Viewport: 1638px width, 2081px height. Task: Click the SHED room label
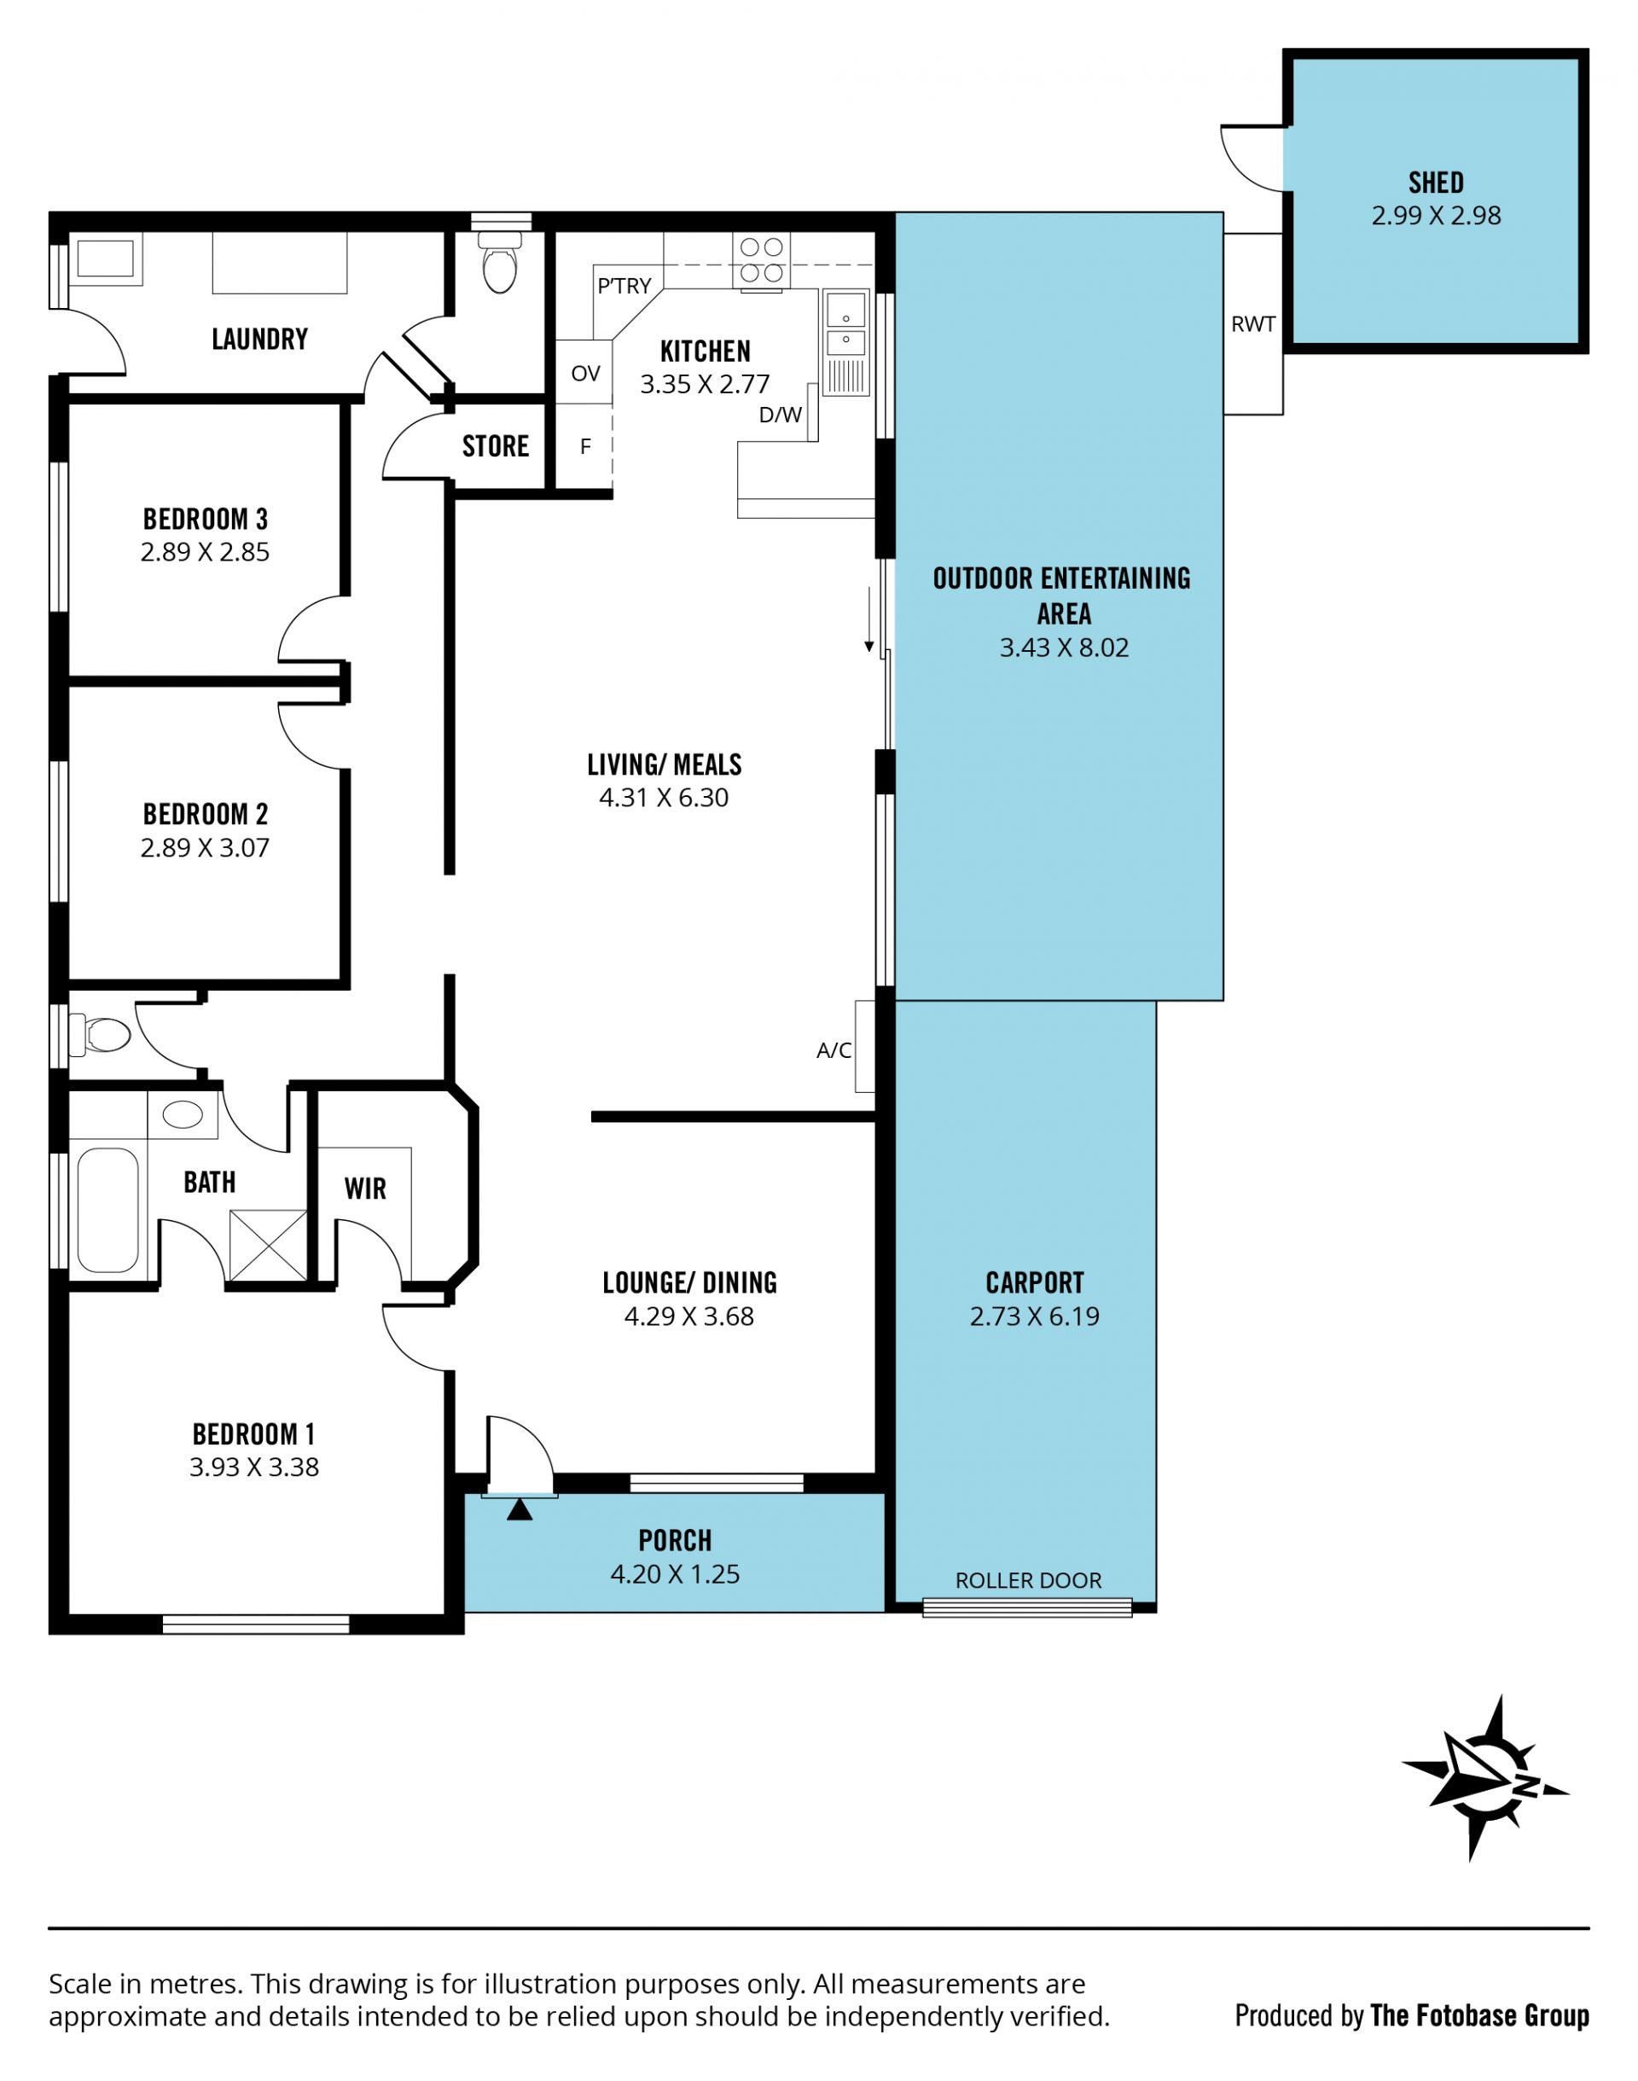pyautogui.click(x=1436, y=183)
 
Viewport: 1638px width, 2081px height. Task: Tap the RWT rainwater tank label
pyautogui.click(x=1252, y=324)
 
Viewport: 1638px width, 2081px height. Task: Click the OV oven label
pyautogui.click(x=585, y=373)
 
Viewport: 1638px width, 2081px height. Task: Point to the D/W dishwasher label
pyautogui.click(x=780, y=415)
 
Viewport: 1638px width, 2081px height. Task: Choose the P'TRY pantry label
pyautogui.click(x=624, y=285)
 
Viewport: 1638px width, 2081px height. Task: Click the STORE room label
pyautogui.click(x=495, y=446)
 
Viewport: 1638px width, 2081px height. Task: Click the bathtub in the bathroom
pyautogui.click(x=108, y=1210)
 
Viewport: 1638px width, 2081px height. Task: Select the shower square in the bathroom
pyautogui.click(x=269, y=1246)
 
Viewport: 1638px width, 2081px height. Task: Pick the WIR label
pyautogui.click(x=365, y=1189)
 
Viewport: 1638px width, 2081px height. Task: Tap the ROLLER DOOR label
pyautogui.click(x=1028, y=1579)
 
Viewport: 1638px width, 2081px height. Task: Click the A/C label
pyautogui.click(x=834, y=1050)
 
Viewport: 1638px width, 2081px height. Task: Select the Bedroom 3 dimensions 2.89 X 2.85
pyautogui.click(x=206, y=551)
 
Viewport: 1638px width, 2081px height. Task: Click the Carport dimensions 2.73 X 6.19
pyautogui.click(x=1035, y=1316)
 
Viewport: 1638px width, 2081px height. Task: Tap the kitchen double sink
pyautogui.click(x=845, y=326)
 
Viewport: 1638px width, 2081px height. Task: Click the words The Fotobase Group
pyautogui.click(x=1480, y=2016)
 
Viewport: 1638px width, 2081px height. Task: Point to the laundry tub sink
pyautogui.click(x=105, y=259)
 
